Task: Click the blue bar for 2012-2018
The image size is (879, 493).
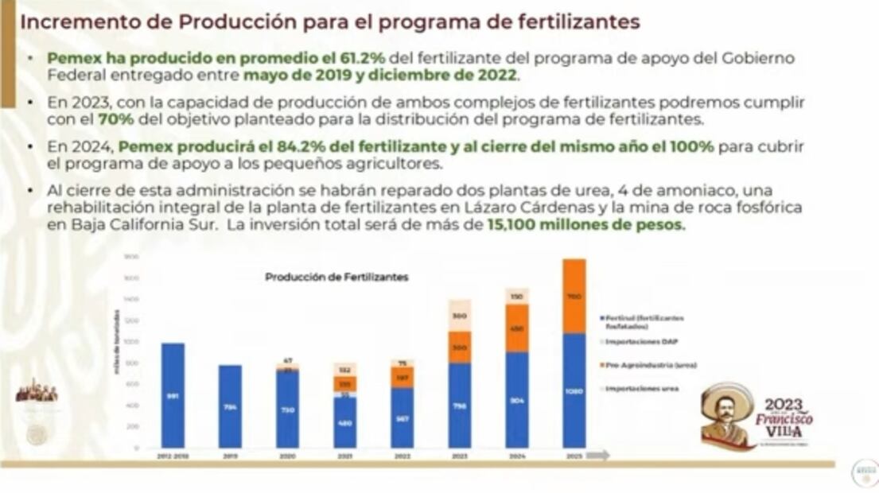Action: tap(173, 395)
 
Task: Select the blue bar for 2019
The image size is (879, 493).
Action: tap(230, 406)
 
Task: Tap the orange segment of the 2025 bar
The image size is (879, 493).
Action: tap(573, 296)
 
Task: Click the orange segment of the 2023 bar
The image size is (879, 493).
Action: tap(459, 347)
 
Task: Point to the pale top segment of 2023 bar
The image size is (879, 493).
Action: tap(459, 316)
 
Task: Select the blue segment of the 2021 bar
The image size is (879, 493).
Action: tap(345, 422)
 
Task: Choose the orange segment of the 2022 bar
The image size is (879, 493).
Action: tap(403, 378)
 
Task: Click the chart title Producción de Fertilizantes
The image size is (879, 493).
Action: tap(336, 278)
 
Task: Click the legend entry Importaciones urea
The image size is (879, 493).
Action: tap(641, 388)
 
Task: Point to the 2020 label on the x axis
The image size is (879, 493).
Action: tap(288, 456)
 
